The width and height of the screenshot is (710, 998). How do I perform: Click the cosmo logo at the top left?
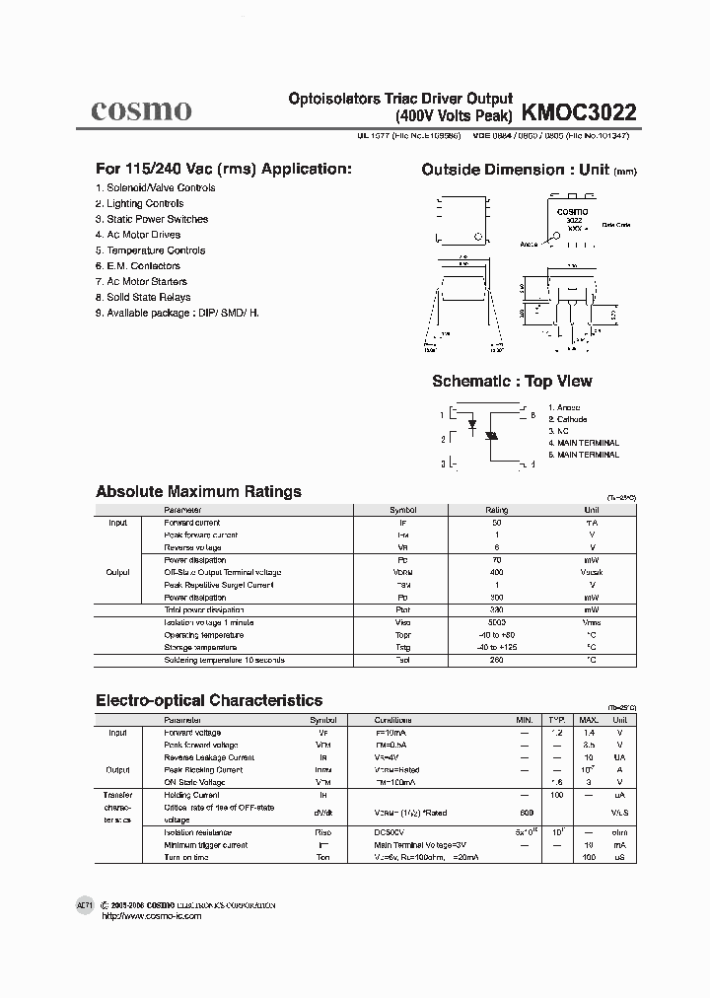[141, 109]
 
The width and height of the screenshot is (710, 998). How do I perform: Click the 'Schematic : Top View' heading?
[512, 382]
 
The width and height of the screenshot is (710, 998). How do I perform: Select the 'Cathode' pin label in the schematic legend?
[572, 419]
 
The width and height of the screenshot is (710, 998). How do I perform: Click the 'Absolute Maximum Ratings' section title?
[198, 491]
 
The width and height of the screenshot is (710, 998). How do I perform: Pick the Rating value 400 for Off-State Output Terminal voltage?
[496, 572]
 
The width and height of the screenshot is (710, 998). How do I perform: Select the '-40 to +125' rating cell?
[496, 647]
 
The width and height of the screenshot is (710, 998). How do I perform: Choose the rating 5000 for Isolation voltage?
[496, 622]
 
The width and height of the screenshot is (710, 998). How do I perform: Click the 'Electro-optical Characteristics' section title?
[208, 700]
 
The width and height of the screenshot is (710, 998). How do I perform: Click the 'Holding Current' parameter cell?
[191, 795]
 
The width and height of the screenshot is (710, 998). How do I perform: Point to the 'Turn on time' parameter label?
[186, 857]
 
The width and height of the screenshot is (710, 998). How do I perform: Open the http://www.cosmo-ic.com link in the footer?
[152, 916]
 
